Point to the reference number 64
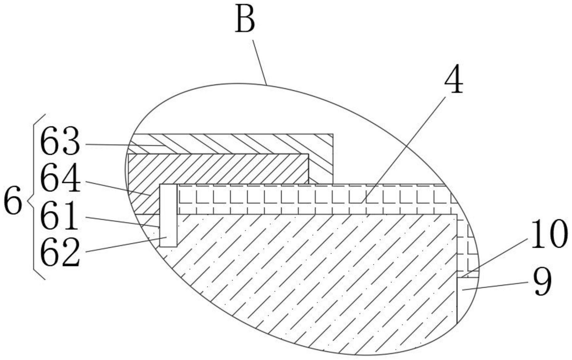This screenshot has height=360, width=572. coord(60,179)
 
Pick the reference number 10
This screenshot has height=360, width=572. coord(549,234)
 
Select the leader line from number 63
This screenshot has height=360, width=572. coord(123,144)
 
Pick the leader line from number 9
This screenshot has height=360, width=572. coord(494,286)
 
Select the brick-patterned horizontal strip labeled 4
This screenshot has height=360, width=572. coord(309,199)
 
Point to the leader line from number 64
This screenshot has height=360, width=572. coord(117,188)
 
